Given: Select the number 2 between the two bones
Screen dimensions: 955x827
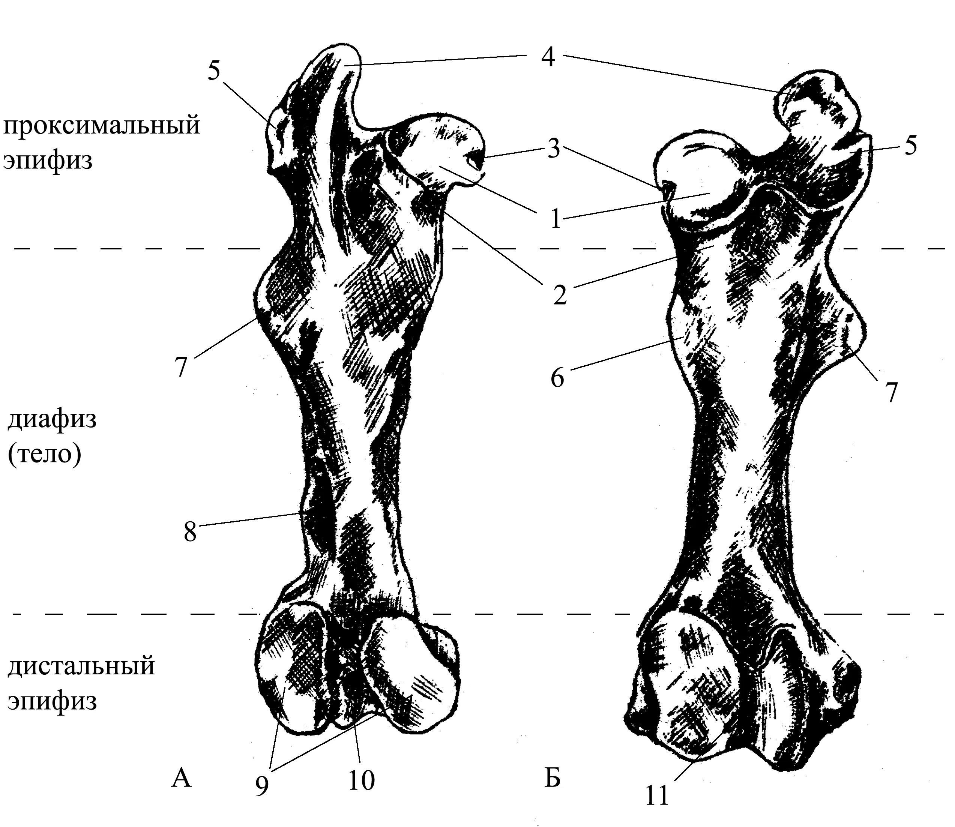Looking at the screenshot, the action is [559, 294].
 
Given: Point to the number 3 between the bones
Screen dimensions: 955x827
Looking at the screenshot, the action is [554, 149].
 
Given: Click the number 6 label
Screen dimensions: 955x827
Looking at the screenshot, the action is [557, 378].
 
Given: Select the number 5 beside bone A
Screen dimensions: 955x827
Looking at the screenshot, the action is [213, 71].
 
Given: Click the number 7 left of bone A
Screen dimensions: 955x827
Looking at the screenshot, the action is [180, 367].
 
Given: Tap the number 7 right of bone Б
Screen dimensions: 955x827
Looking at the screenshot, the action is [890, 392].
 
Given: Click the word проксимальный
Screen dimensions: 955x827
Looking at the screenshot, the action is [102, 126].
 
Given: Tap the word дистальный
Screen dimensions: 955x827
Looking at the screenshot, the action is [81, 666].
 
